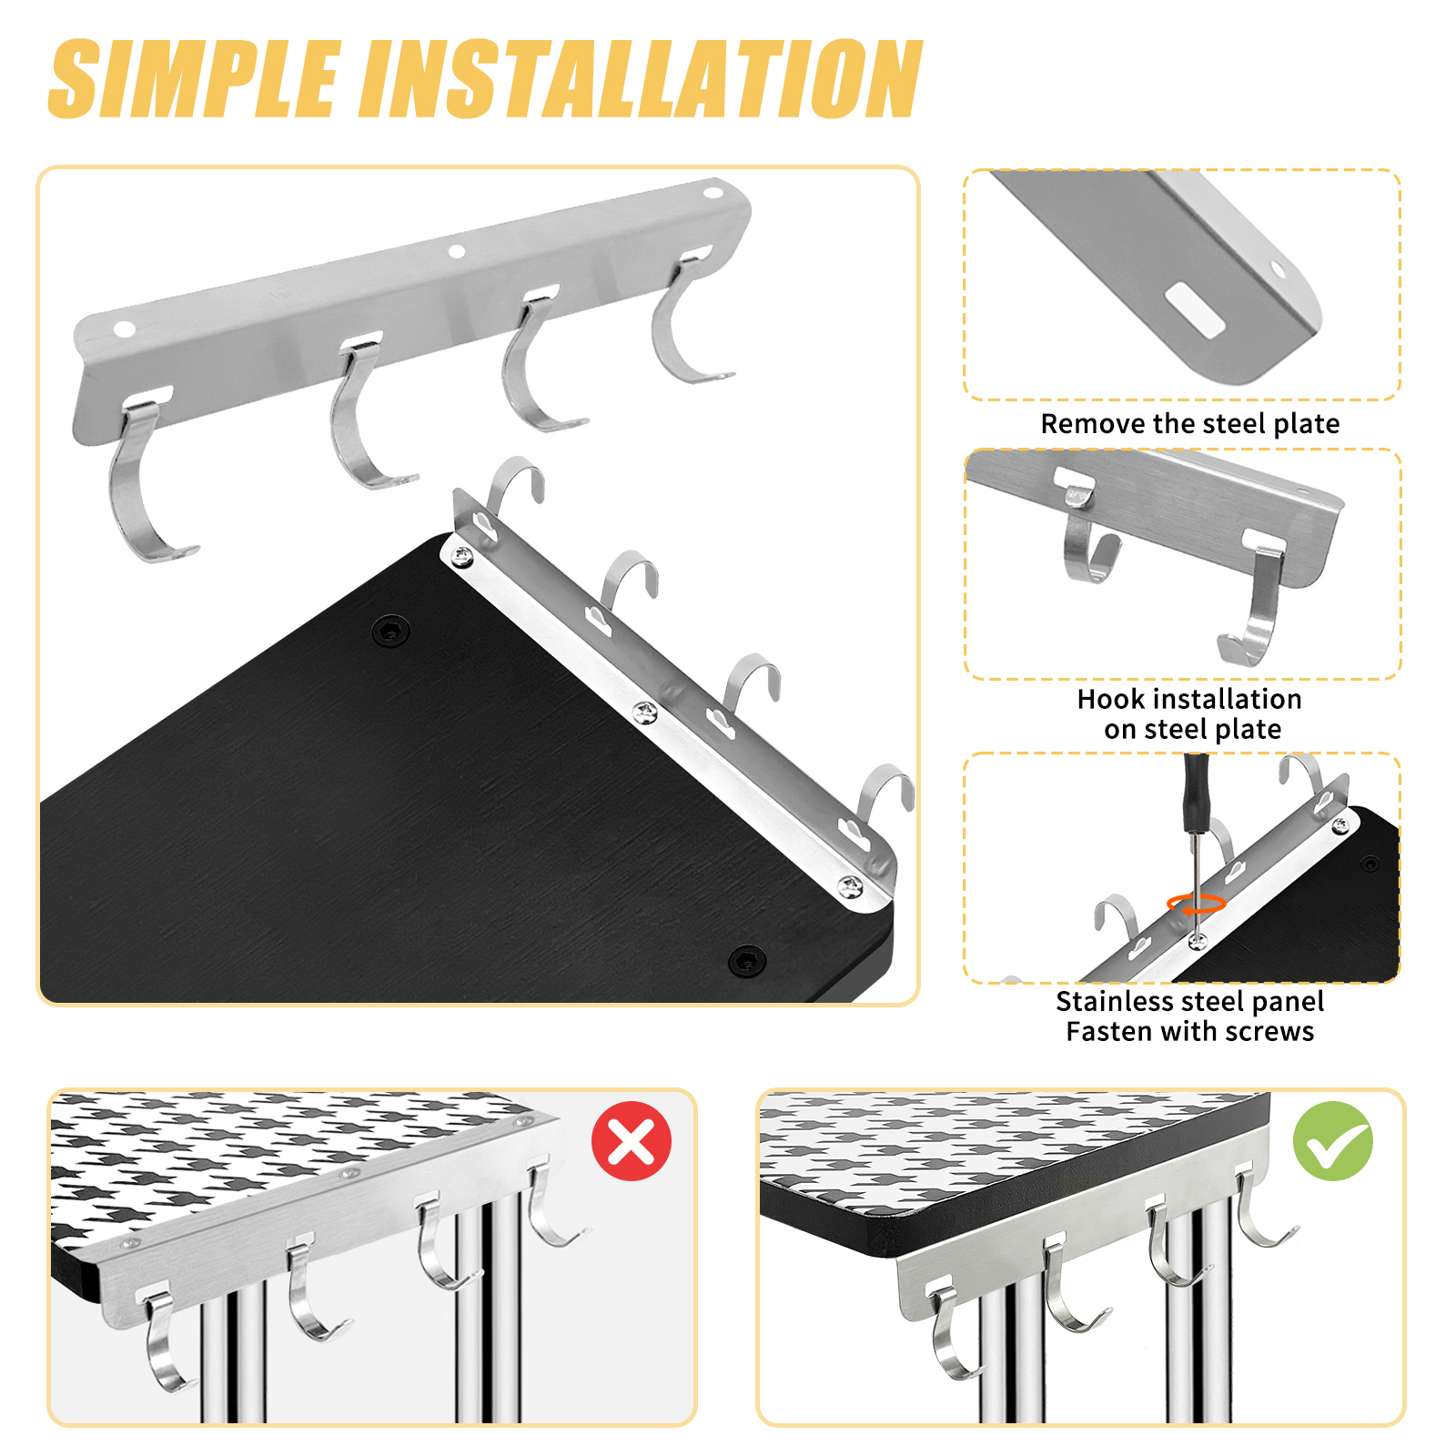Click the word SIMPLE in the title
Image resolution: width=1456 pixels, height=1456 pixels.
point(196,79)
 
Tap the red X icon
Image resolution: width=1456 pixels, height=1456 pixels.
point(631,1141)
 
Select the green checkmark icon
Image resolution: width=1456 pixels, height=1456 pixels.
point(1333,1141)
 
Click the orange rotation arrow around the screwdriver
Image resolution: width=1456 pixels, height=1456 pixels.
point(1197,904)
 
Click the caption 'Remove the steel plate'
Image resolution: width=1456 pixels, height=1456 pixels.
point(1190,424)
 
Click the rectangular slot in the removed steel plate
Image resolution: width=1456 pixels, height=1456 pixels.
point(1196,309)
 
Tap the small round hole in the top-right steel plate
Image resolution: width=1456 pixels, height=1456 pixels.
point(1279,270)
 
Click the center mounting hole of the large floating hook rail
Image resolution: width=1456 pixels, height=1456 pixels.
point(457,251)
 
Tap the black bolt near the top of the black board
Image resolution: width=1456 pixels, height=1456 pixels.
point(391,630)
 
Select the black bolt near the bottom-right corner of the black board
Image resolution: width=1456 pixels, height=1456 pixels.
point(747,959)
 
